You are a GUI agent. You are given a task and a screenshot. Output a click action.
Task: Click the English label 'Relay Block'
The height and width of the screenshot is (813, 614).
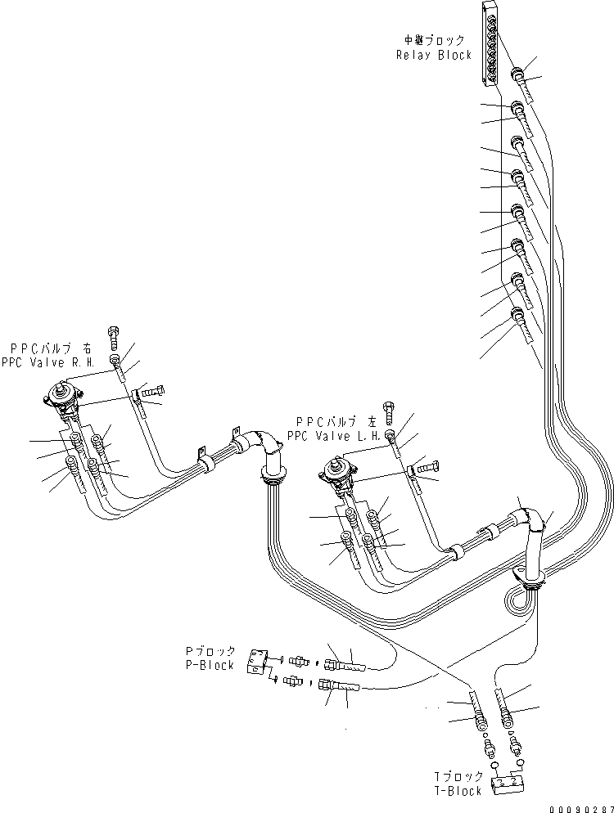pyautogui.click(x=434, y=55)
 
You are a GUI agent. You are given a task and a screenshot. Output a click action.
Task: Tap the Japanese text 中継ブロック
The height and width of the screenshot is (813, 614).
pyautogui.click(x=434, y=40)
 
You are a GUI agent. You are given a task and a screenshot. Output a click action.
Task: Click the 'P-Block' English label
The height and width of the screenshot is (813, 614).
pyautogui.click(x=210, y=665)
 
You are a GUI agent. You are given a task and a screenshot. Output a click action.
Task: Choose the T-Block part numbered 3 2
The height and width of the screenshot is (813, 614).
pyautogui.click(x=507, y=784)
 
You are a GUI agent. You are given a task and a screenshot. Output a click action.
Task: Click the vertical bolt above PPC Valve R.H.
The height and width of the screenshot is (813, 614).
pyautogui.click(x=114, y=336)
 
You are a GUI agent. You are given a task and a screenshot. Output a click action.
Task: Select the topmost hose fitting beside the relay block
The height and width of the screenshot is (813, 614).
pyautogui.click(x=518, y=75)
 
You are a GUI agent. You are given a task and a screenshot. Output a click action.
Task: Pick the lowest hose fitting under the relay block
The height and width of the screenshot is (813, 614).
pyautogui.click(x=517, y=314)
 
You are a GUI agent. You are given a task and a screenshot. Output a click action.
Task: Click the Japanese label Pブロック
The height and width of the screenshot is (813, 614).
pyautogui.click(x=210, y=652)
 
